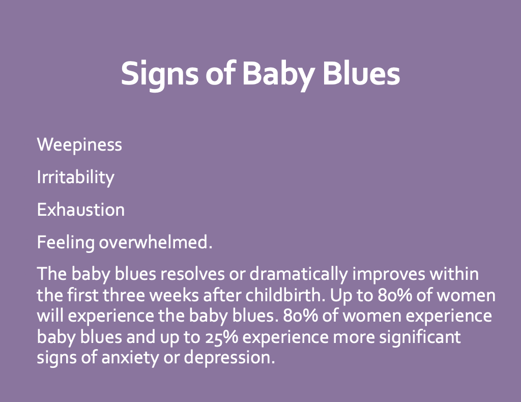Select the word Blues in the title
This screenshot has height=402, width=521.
pos(361,73)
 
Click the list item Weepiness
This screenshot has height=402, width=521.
pos(79,145)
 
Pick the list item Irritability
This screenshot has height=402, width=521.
pos(75,178)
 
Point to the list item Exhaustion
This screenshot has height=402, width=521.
pos(81,210)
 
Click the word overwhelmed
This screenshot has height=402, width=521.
pos(156,242)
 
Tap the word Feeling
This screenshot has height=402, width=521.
pos(66,243)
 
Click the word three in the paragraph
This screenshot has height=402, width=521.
pos(124,295)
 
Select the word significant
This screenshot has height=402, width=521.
pos(420,337)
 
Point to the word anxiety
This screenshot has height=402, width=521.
pos(130,358)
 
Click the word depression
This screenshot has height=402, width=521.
pos(229,358)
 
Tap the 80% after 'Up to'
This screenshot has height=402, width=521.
pos(395,295)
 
